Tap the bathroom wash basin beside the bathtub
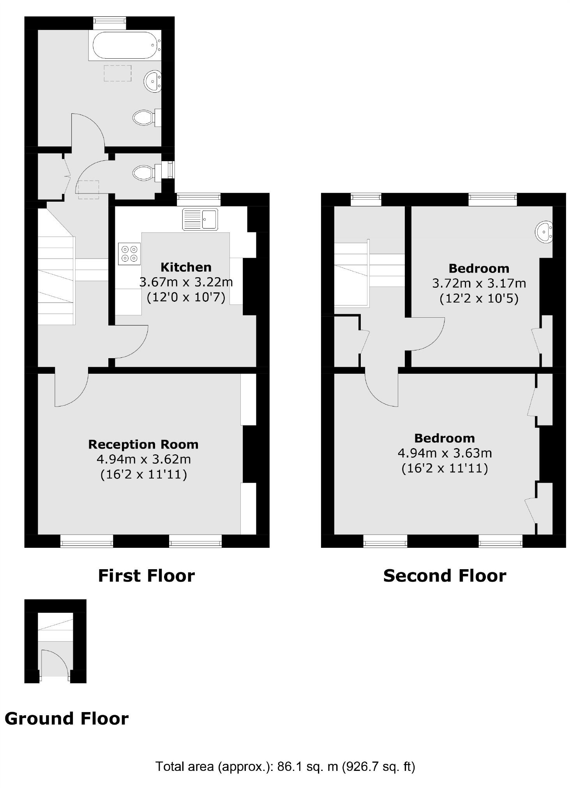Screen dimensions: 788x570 click(153, 81)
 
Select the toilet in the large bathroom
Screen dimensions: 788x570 click(144, 117)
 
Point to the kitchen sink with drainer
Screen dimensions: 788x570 click(200, 219)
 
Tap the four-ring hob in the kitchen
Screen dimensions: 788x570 click(129, 254)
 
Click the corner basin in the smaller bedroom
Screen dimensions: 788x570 click(544, 232)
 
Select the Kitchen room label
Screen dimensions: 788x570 click(186, 267)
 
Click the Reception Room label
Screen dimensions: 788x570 click(143, 444)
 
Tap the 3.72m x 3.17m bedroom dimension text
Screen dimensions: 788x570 click(479, 283)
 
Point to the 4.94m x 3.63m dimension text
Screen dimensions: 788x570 click(445, 453)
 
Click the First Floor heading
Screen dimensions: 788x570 click(146, 576)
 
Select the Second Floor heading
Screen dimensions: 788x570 click(445, 576)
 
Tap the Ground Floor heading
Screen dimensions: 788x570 click(67, 719)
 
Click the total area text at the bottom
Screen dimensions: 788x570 click(285, 767)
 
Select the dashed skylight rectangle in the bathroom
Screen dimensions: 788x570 click(117, 73)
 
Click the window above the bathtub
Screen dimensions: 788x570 click(109, 23)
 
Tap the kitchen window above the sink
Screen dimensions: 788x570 click(198, 199)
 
